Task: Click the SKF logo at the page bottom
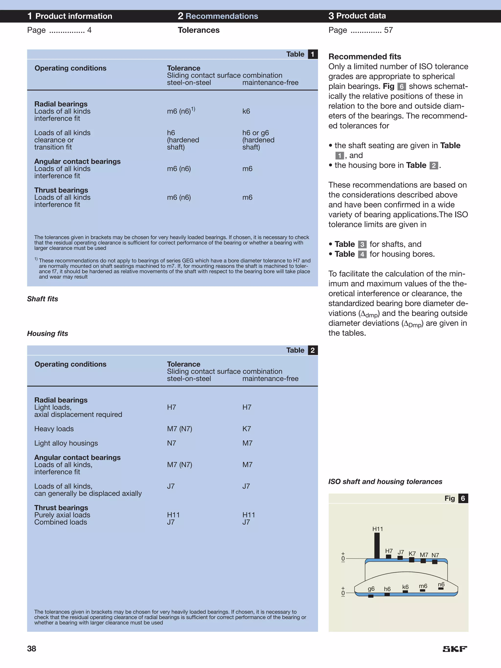pos(455,649)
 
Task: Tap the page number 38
pos(32,649)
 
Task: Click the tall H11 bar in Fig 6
pos(377,545)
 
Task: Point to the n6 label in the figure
pos(441,584)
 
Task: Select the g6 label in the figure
pos(371,588)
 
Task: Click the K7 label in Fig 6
pos(412,553)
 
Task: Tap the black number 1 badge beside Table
pos(313,54)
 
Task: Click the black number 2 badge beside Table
pos(313,350)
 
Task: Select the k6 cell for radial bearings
pos(246,111)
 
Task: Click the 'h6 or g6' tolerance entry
pos(255,133)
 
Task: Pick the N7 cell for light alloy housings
pos(171,443)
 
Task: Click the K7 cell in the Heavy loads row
pos(247,429)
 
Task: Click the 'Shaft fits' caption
pos(43,299)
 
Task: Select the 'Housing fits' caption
pos(47,334)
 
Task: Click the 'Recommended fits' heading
pos(365,57)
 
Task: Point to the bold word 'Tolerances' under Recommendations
pos(198,30)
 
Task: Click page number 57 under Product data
pos(388,30)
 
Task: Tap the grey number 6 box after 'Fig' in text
pos(401,87)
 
